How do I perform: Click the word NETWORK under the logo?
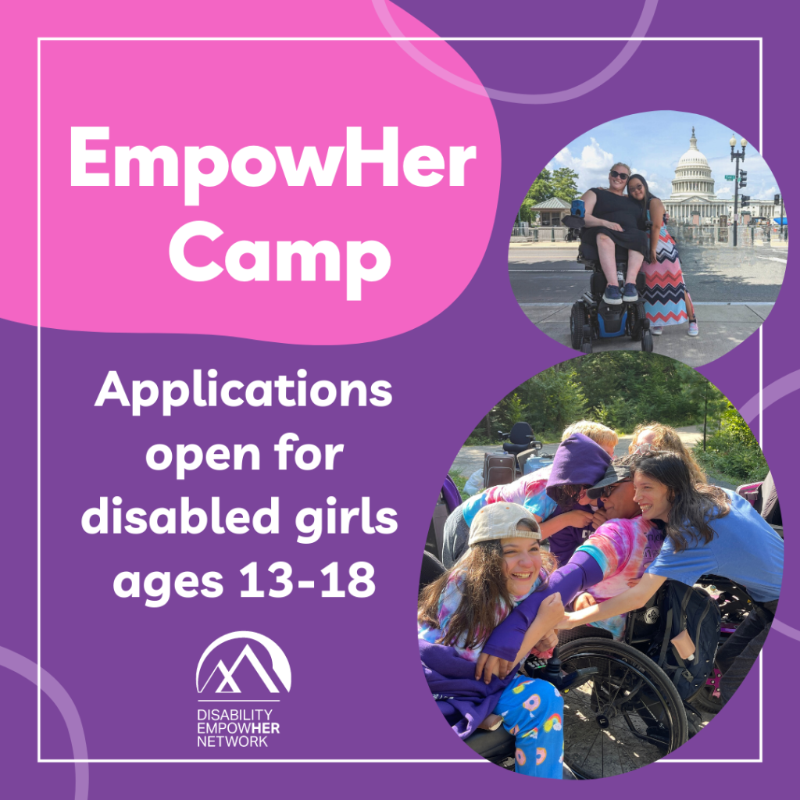pos(232,741)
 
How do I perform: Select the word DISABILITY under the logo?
pos(234,715)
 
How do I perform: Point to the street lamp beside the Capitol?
pos(736,189)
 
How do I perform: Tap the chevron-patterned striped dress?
pos(662,276)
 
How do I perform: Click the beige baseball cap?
pos(503,523)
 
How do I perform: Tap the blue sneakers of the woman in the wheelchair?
pos(620,294)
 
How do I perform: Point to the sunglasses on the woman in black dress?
pos(620,175)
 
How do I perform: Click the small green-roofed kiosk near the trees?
pos(550,212)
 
